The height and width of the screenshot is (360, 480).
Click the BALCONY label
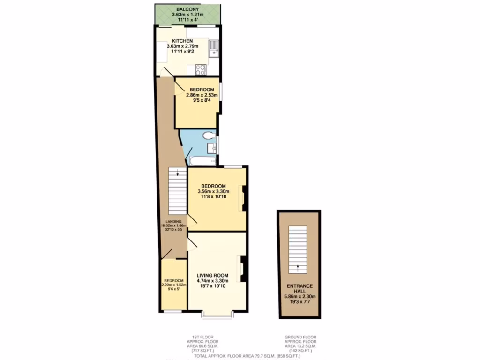pos(187,9)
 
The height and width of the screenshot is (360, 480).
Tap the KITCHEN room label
pos(183,41)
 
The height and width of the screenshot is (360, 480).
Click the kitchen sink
pos(214,48)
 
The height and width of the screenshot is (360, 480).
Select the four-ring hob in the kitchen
pos(201,69)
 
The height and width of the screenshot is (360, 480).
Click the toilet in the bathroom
pos(210,135)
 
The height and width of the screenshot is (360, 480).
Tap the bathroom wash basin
pos(212,149)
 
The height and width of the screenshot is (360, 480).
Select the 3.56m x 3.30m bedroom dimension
pos(213,191)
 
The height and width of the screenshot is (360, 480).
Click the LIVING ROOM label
pos(212,275)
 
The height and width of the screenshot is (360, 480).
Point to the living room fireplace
pos(243,269)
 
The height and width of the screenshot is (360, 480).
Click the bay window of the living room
pos(217,314)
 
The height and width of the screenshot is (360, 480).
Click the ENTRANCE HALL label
pos(300,288)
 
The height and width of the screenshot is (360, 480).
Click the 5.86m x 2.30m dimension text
pos(300,296)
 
